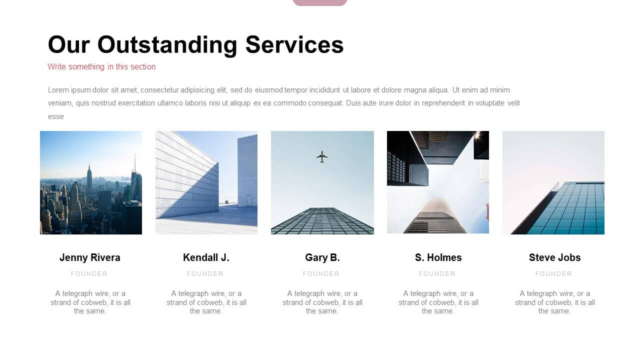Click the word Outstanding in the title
click(167, 45)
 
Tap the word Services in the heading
click(294, 45)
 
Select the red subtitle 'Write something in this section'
click(101, 67)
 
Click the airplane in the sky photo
click(322, 156)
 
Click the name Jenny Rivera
click(89, 257)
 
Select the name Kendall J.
click(206, 257)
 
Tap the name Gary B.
click(322, 257)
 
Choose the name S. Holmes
click(438, 257)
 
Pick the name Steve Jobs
click(554, 257)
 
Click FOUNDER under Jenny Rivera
click(89, 273)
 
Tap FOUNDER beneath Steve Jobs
click(553, 273)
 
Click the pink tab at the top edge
click(320, 2)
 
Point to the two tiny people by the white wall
click(227, 202)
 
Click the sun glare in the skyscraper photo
click(476, 135)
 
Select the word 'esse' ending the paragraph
click(56, 116)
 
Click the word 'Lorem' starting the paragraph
click(58, 90)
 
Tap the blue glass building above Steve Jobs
click(565, 208)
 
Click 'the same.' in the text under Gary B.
click(322, 311)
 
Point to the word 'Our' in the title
click(69, 45)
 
